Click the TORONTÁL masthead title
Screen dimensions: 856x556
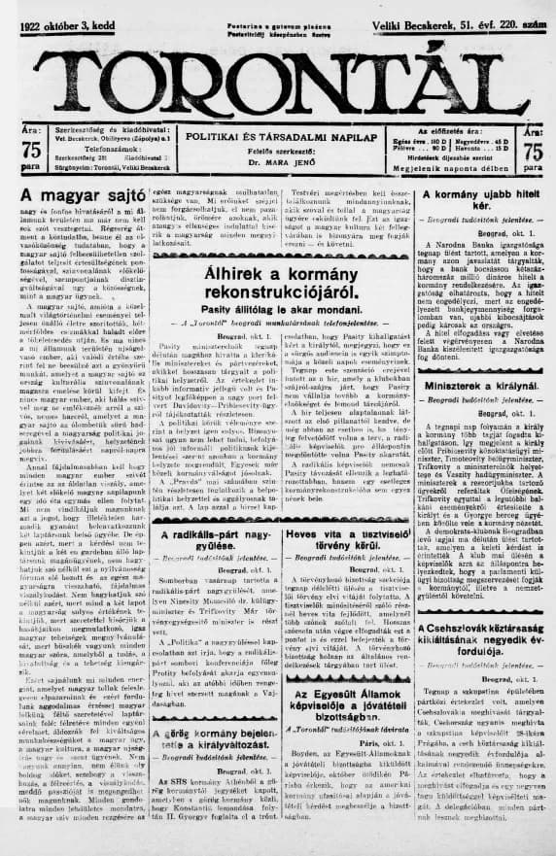[277, 77]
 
